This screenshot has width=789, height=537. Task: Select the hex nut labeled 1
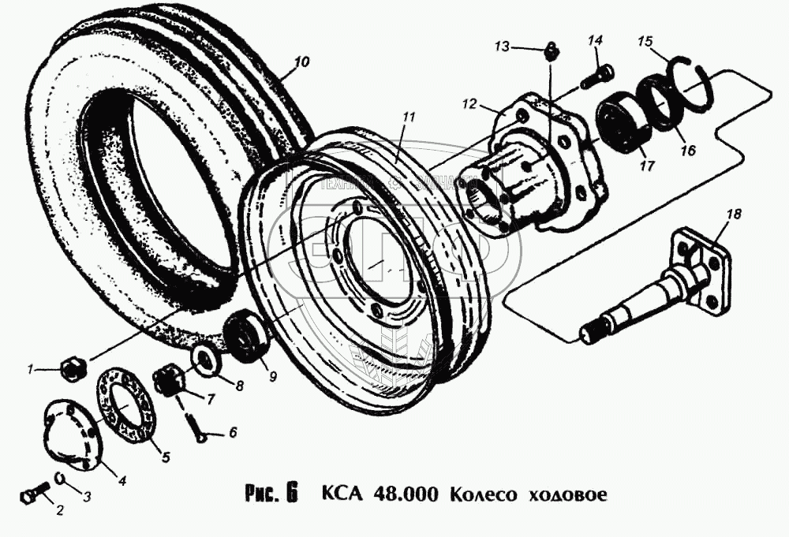click(x=70, y=366)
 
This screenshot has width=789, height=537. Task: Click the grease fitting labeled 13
click(x=551, y=53)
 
